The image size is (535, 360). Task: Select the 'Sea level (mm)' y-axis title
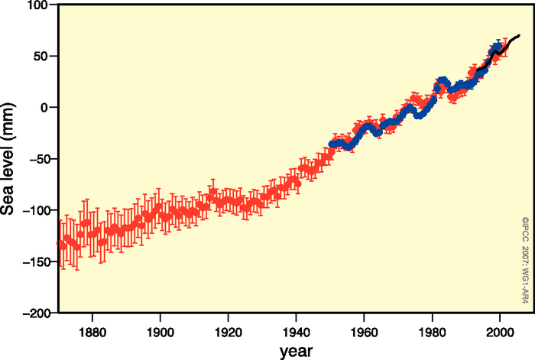11,159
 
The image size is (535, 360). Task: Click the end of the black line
520,35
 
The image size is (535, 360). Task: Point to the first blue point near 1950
331,144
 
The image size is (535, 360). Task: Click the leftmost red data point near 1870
60,243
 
